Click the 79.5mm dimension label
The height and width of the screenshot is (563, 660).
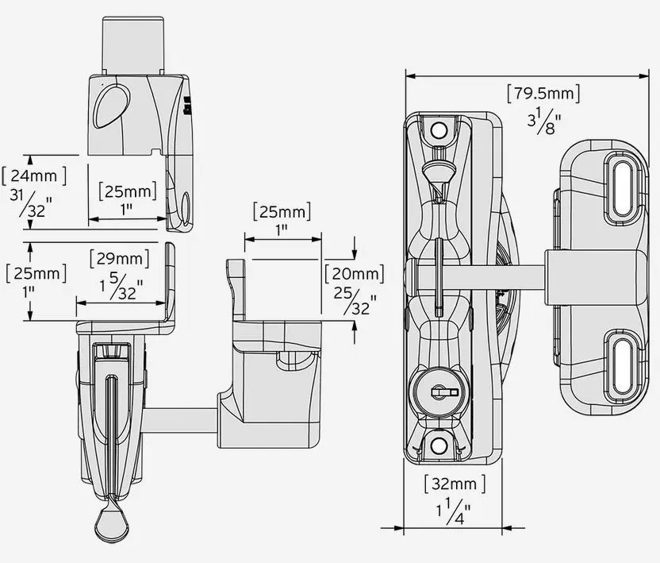click(543, 94)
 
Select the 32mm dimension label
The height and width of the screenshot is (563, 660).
click(455, 483)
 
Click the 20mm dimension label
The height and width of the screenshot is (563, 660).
click(354, 274)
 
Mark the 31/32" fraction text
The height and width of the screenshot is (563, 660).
click(33, 205)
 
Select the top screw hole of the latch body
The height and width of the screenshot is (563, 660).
click(437, 130)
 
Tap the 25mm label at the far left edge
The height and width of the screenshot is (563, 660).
click(35, 273)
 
